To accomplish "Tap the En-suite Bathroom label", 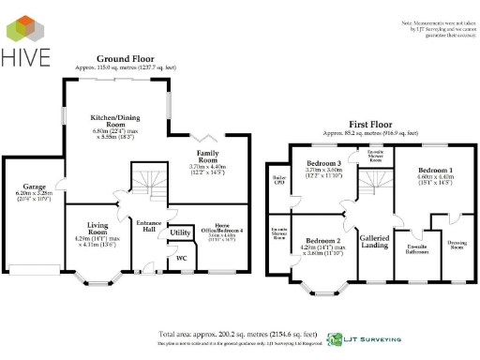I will click(x=409, y=248).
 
